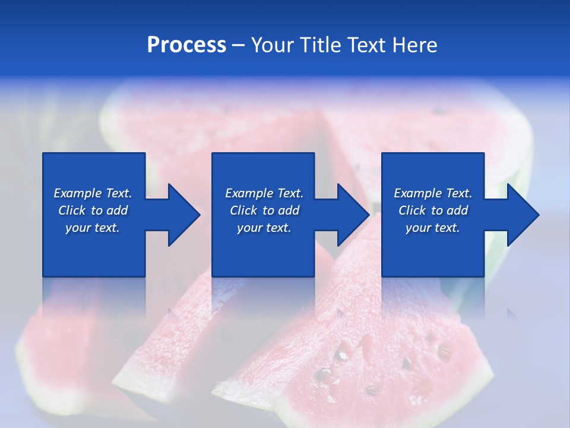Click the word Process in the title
click(186, 45)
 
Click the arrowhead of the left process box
click(184, 215)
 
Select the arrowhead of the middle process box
click(353, 215)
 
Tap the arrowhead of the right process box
click(523, 215)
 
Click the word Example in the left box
click(77, 193)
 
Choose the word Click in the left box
click(72, 210)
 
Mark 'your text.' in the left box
click(93, 228)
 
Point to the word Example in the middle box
click(249, 193)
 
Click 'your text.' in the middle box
click(264, 228)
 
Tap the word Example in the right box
click(417, 193)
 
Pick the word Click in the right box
click(412, 210)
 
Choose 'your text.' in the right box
click(433, 228)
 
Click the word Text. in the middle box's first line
click(289, 193)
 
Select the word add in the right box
click(457, 210)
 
